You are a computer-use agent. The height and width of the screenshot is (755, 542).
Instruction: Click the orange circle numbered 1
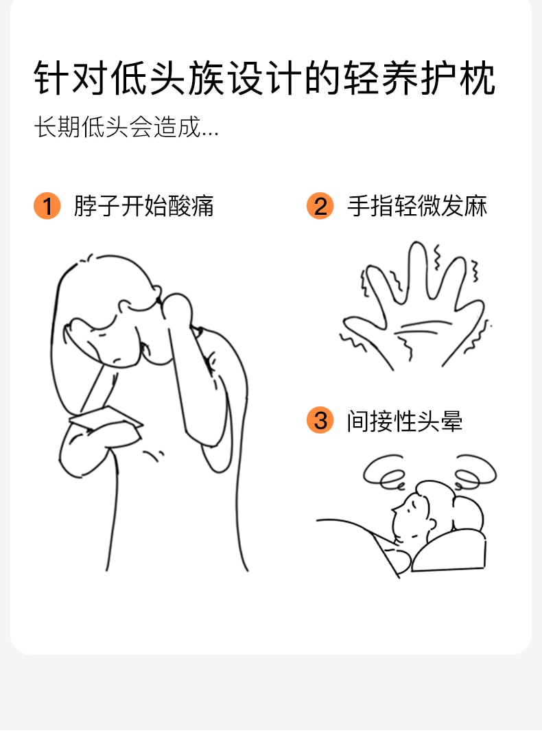coord(47,206)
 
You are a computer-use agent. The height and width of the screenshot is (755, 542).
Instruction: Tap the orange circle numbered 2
coord(320,206)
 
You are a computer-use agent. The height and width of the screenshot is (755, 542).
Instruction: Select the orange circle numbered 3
coord(320,420)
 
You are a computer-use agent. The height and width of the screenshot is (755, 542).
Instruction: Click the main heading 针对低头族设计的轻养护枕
coord(264,78)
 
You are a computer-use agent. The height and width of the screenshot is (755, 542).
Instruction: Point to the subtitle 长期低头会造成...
coord(126,127)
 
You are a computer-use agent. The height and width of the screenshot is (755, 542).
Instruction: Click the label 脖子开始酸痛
coord(143,206)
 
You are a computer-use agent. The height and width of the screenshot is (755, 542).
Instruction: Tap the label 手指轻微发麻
coord(417,206)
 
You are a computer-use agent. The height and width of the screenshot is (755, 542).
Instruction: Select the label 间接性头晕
coord(405,421)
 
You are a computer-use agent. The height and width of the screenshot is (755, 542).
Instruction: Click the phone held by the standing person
coord(106,418)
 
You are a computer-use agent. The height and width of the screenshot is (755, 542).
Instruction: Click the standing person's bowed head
coord(110,313)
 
